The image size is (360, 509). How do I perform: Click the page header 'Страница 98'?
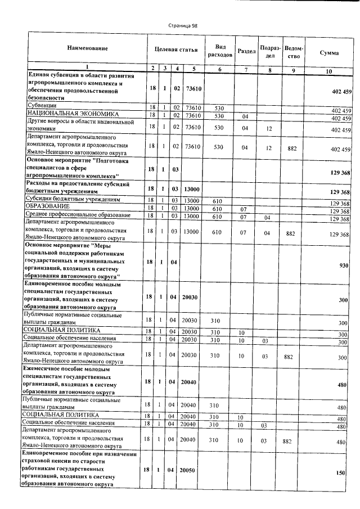coord(183,26)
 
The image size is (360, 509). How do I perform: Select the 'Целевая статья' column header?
coord(176,50)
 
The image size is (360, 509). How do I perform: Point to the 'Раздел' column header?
coord(247,51)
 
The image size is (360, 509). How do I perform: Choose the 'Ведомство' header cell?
coord(294,51)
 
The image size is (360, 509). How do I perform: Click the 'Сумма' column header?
coord(329,52)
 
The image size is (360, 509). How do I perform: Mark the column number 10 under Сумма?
coord(332,71)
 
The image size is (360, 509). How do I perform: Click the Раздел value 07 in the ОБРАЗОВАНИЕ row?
coord(244,209)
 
